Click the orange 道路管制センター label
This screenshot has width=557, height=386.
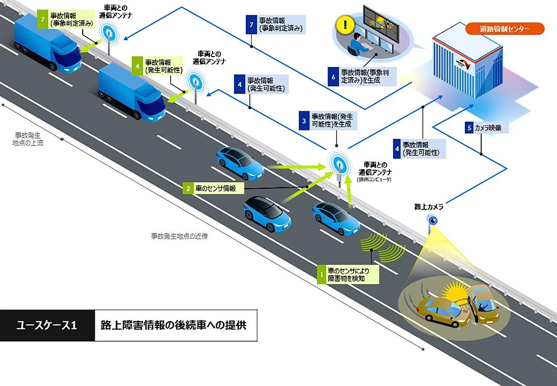tap(504, 29)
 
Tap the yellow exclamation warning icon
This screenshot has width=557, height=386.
tap(342, 24)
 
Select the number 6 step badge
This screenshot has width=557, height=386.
tap(333, 76)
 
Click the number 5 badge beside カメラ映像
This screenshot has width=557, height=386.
tap(469, 128)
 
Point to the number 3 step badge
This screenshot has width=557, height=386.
tap(303, 121)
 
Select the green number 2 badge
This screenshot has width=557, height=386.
tap(188, 189)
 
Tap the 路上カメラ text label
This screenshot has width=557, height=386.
tap(429, 206)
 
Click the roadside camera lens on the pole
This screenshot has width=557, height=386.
tap(433, 220)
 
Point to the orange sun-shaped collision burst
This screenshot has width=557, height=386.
tap(453, 291)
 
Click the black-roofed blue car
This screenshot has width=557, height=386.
tap(267, 214)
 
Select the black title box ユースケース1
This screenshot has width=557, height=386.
tap(47, 325)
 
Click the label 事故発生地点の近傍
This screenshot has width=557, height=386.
tap(179, 236)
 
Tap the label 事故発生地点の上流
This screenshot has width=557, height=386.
tap(29, 139)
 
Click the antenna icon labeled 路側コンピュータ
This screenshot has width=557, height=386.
tap(339, 164)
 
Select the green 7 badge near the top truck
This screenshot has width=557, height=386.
tap(44, 18)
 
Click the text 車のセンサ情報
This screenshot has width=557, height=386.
tap(216, 189)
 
